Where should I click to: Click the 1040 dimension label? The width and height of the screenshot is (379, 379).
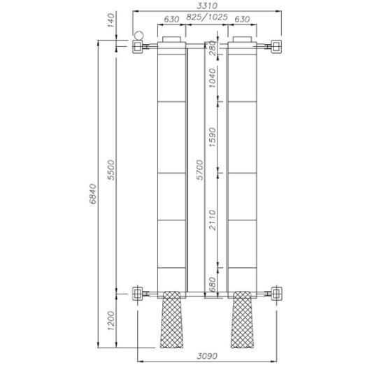coord(214,86)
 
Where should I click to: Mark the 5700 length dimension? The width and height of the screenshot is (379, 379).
coord(200,168)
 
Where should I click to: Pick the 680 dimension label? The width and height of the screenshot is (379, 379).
coord(214,284)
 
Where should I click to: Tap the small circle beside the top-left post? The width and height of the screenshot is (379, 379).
coord(138,35)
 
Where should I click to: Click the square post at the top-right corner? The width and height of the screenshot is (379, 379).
coord(278,46)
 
